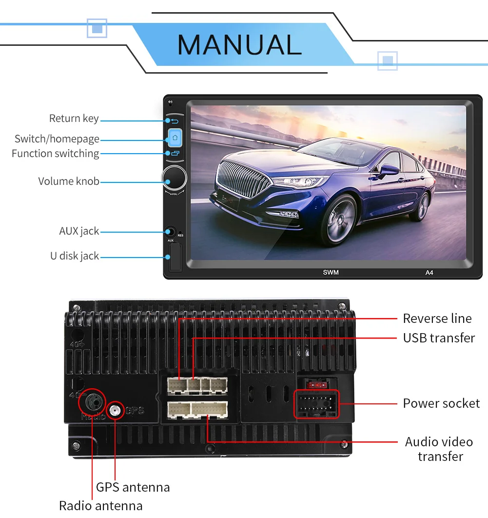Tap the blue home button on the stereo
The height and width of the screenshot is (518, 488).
click(x=175, y=138)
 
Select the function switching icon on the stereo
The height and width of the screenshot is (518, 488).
click(x=175, y=153)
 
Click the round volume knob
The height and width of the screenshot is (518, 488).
click(x=175, y=178)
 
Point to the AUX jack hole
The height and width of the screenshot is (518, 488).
click(x=171, y=232)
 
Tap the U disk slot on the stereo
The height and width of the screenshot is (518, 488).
click(x=175, y=258)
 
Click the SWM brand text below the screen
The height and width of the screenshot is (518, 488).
click(x=331, y=272)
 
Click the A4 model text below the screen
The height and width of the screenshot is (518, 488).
click(x=429, y=273)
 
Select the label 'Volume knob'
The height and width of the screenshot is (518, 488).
click(x=69, y=181)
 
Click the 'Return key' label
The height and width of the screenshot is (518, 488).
click(x=74, y=118)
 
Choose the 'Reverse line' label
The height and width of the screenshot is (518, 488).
click(x=437, y=319)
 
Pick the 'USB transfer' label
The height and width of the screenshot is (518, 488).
click(x=439, y=338)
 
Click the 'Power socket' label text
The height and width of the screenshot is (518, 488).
click(x=441, y=403)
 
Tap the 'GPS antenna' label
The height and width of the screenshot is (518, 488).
click(x=133, y=487)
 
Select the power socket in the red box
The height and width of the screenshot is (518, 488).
click(x=316, y=404)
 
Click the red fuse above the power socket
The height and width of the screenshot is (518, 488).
click(x=316, y=385)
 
